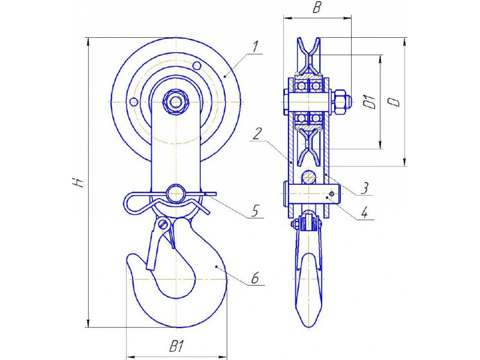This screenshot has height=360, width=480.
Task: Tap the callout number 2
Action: (x=257, y=134)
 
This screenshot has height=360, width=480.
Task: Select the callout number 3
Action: (x=364, y=188)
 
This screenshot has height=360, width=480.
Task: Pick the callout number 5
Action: (x=254, y=211)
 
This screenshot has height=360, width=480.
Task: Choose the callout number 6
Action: (x=254, y=278)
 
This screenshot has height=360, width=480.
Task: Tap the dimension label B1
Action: (x=176, y=347)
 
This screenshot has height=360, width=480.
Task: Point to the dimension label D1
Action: (x=371, y=102)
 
